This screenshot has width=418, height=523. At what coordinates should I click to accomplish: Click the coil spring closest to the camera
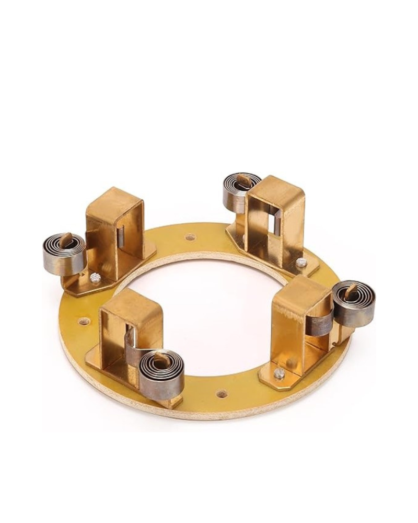click(x=161, y=374)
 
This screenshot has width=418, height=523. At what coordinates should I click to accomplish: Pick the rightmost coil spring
click(x=354, y=302)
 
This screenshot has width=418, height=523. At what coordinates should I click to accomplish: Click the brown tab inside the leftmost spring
click(x=66, y=242)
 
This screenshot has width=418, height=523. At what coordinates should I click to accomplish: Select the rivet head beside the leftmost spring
click(x=95, y=278)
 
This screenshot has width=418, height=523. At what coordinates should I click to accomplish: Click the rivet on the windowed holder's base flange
click(x=303, y=263)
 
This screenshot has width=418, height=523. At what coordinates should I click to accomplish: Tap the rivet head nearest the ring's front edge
click(x=279, y=373)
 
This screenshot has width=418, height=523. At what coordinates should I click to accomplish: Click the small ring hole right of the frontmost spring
click(x=222, y=393)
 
